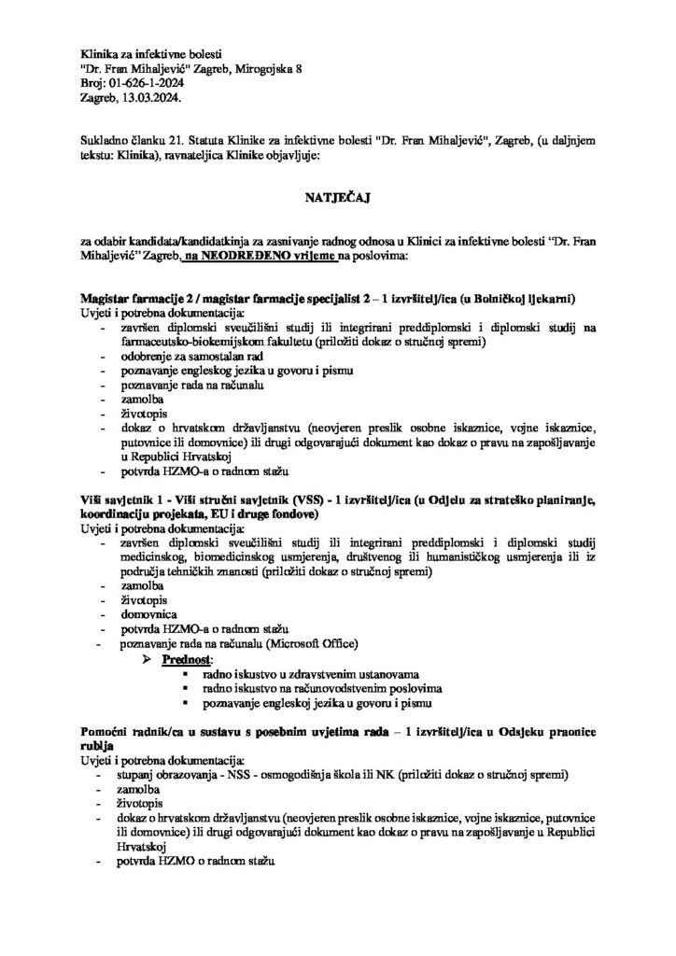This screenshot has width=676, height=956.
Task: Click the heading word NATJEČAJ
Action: tap(338, 198)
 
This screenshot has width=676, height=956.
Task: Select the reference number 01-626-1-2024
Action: tap(148, 82)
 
